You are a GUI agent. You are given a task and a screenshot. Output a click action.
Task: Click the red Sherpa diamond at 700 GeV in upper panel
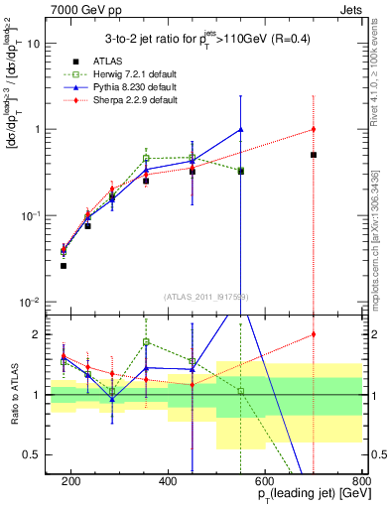point(314,129)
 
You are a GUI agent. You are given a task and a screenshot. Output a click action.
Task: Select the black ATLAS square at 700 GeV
point(314,155)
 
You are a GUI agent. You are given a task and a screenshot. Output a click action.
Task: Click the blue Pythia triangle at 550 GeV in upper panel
point(241,129)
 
